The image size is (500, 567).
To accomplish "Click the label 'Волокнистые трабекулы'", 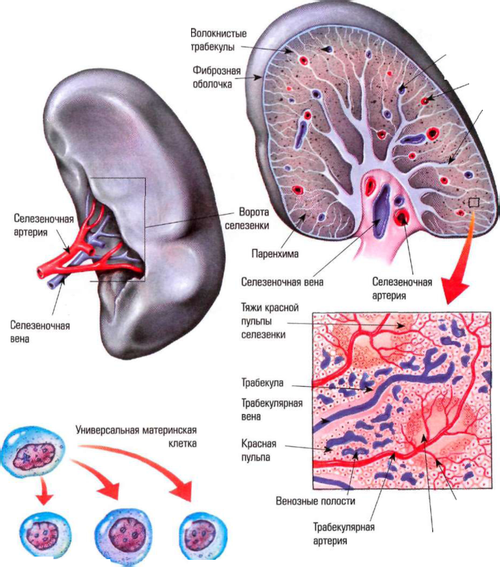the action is pos(218,40).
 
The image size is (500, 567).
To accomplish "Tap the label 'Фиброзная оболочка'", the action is pos(216,78).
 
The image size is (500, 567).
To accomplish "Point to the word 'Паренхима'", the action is pos(275,253).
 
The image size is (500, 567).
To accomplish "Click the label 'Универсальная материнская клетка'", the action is pos(136,436).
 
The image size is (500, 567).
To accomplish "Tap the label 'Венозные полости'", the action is pos(315,501).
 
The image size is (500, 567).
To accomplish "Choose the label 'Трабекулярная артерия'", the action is pos(343,534).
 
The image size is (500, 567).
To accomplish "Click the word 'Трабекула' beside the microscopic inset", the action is pos(262,383).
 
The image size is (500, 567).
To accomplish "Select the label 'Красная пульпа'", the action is pos(259,450).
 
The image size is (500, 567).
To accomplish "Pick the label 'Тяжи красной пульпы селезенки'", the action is pos(269,321).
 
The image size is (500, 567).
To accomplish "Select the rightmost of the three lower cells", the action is pos(203,535).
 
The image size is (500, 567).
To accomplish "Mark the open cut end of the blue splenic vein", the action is pos(52,284).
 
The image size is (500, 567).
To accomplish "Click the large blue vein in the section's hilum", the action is pos(381,211).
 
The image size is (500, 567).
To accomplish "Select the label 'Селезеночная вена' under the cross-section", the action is pos(282,281).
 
